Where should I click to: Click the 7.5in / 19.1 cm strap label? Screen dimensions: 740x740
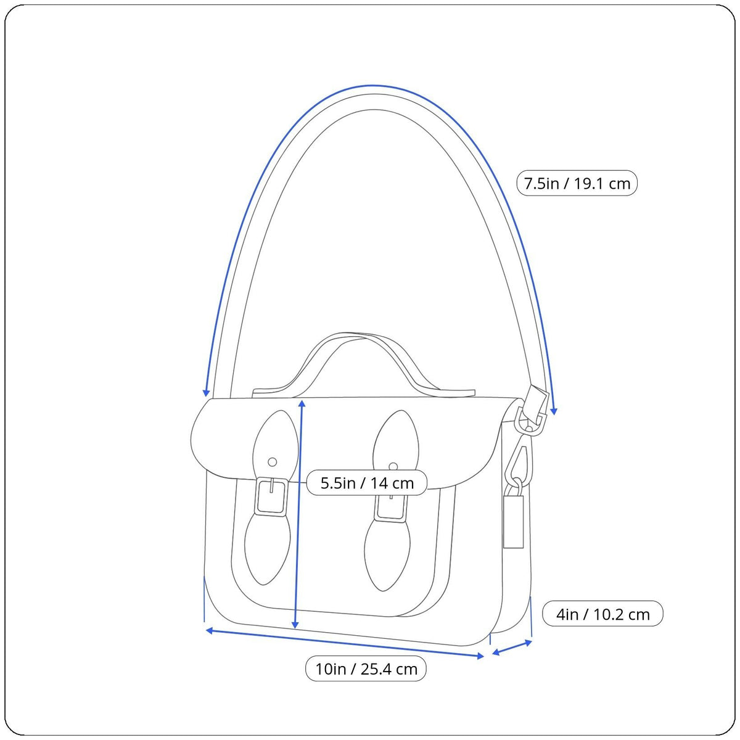[x=577, y=183]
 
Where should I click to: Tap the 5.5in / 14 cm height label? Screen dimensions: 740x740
[x=367, y=483]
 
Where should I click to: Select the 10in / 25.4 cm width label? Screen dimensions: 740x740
[x=366, y=668]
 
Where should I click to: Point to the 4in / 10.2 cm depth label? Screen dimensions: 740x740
[x=602, y=614]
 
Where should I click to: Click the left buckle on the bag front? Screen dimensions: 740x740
[x=271, y=496]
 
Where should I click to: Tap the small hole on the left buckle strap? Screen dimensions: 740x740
[x=273, y=461]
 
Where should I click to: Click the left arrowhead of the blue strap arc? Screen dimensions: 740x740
[x=207, y=392]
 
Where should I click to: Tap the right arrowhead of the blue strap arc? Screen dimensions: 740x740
[x=554, y=410]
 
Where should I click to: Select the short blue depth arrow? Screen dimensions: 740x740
[x=511, y=648]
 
